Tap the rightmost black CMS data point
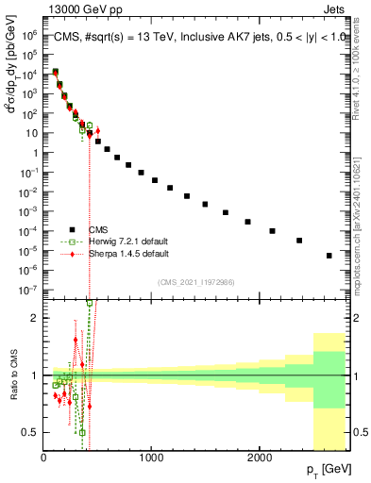coord(329,256)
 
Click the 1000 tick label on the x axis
coord(151,457)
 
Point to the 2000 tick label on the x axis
coord(260,457)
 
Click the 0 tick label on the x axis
coord(43,457)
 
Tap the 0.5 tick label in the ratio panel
coord(29,432)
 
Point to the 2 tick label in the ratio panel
coord(34,318)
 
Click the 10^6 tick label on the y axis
coord(28,34)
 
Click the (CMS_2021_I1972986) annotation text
coord(195,281)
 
